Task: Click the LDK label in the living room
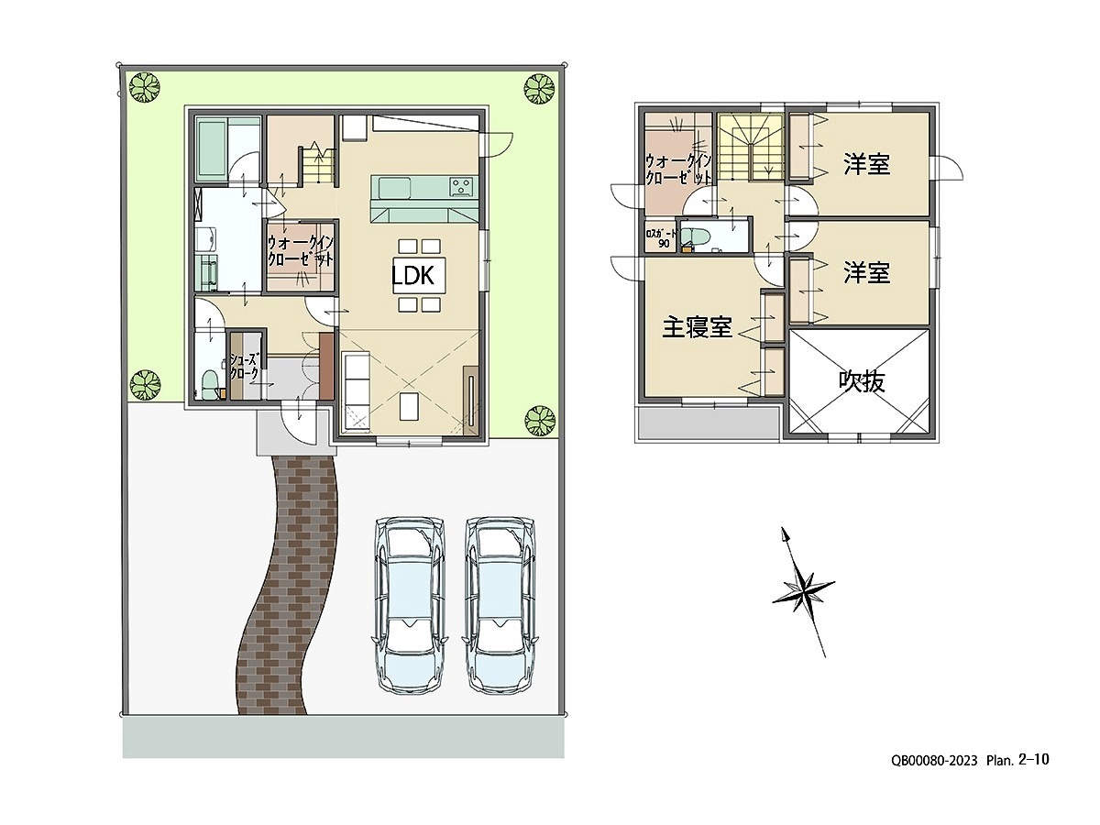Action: click(x=412, y=275)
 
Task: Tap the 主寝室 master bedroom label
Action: click(x=697, y=327)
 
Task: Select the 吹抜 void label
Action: click(x=862, y=382)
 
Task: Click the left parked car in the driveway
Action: click(x=410, y=605)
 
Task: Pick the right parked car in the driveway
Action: click(x=500, y=605)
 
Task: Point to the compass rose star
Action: click(x=803, y=592)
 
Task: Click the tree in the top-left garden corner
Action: click(x=145, y=88)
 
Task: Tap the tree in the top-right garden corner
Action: click(x=539, y=89)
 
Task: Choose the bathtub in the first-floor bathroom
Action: click(x=212, y=148)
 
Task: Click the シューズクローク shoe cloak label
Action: click(x=244, y=367)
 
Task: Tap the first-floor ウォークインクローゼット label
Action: click(x=300, y=251)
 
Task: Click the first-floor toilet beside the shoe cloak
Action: click(x=211, y=384)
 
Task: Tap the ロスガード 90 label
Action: click(x=662, y=238)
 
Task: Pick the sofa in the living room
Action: click(x=356, y=391)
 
